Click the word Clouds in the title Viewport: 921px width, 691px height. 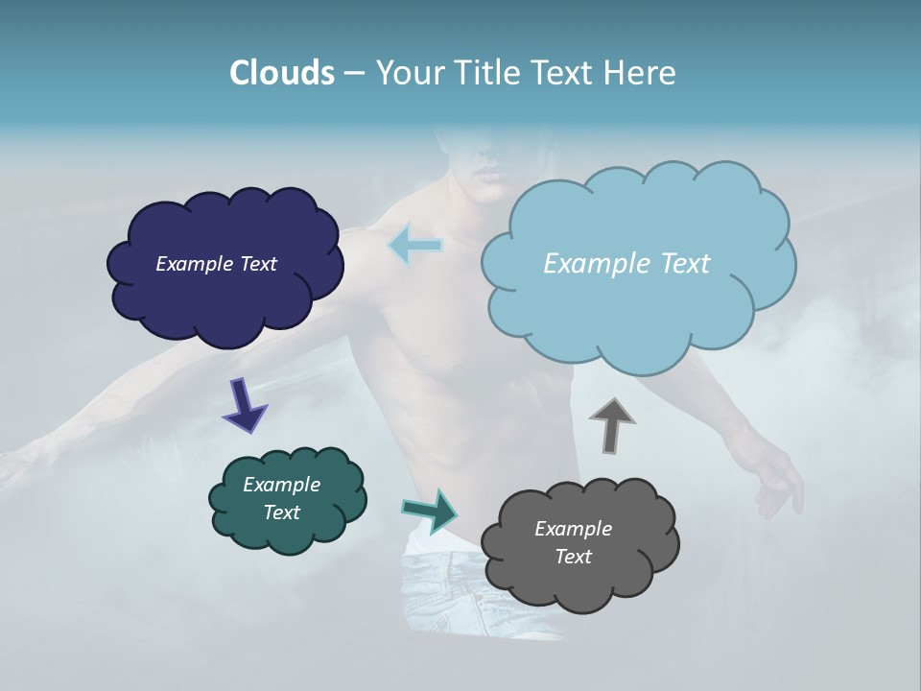pos(282,73)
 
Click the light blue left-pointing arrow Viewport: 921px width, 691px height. pos(415,245)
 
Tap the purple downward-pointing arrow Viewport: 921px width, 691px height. pos(244,406)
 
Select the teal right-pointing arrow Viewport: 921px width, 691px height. pos(430,511)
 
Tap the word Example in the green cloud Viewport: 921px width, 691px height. pos(281,485)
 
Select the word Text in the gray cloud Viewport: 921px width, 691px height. pos(573,557)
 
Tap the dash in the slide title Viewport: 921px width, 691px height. pos(354,74)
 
